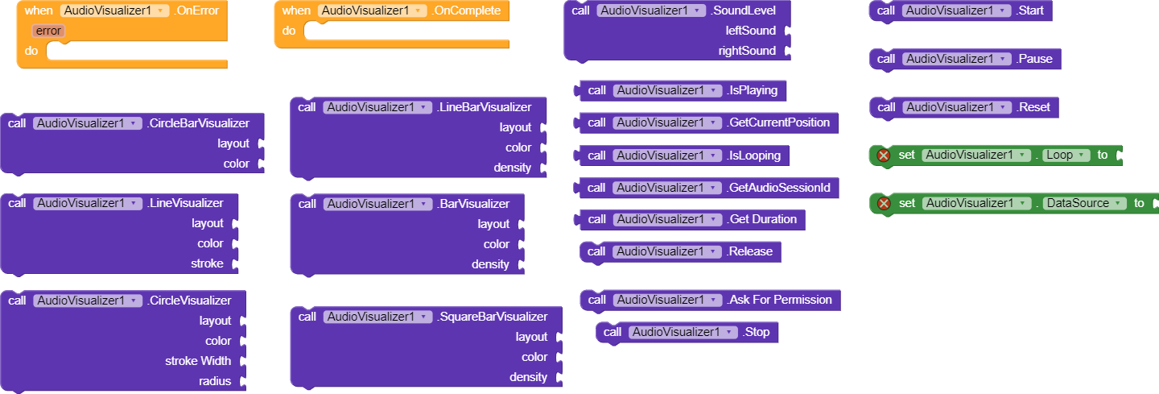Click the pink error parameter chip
point(49,31)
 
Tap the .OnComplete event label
point(466,10)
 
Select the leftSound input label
point(750,31)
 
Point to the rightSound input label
point(747,51)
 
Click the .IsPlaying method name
point(752,90)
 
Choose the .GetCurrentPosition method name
point(777,122)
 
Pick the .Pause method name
point(1034,59)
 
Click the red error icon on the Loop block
point(883,155)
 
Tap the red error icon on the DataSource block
point(883,203)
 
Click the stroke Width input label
point(198,361)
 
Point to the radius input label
point(215,381)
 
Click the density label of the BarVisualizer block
point(490,264)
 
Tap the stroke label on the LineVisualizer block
point(207,263)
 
